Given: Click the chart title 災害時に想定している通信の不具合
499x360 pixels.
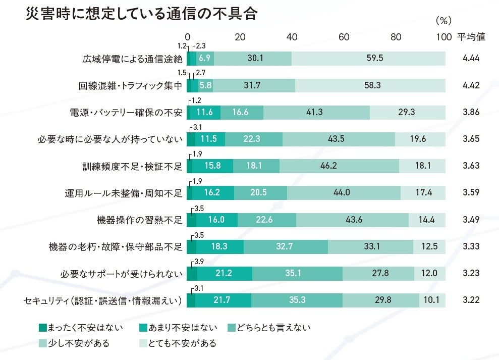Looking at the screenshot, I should (x=142, y=13).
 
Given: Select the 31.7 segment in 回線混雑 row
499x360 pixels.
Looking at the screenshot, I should (x=254, y=85).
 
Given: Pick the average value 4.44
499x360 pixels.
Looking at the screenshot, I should (x=470, y=59).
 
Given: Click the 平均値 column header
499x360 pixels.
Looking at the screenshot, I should (x=471, y=37).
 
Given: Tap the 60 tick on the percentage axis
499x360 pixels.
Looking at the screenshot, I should (x=344, y=37).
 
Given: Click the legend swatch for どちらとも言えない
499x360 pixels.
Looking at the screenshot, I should (x=233, y=328).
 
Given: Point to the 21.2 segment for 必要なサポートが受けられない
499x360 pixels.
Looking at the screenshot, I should (x=225, y=274).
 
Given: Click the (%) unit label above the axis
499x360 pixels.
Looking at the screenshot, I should (x=442, y=21).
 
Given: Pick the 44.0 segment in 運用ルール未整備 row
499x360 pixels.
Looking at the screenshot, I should (x=344, y=193).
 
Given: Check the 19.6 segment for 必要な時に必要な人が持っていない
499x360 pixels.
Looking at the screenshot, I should (x=420, y=139).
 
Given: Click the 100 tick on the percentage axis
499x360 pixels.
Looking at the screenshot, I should (x=443, y=37).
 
